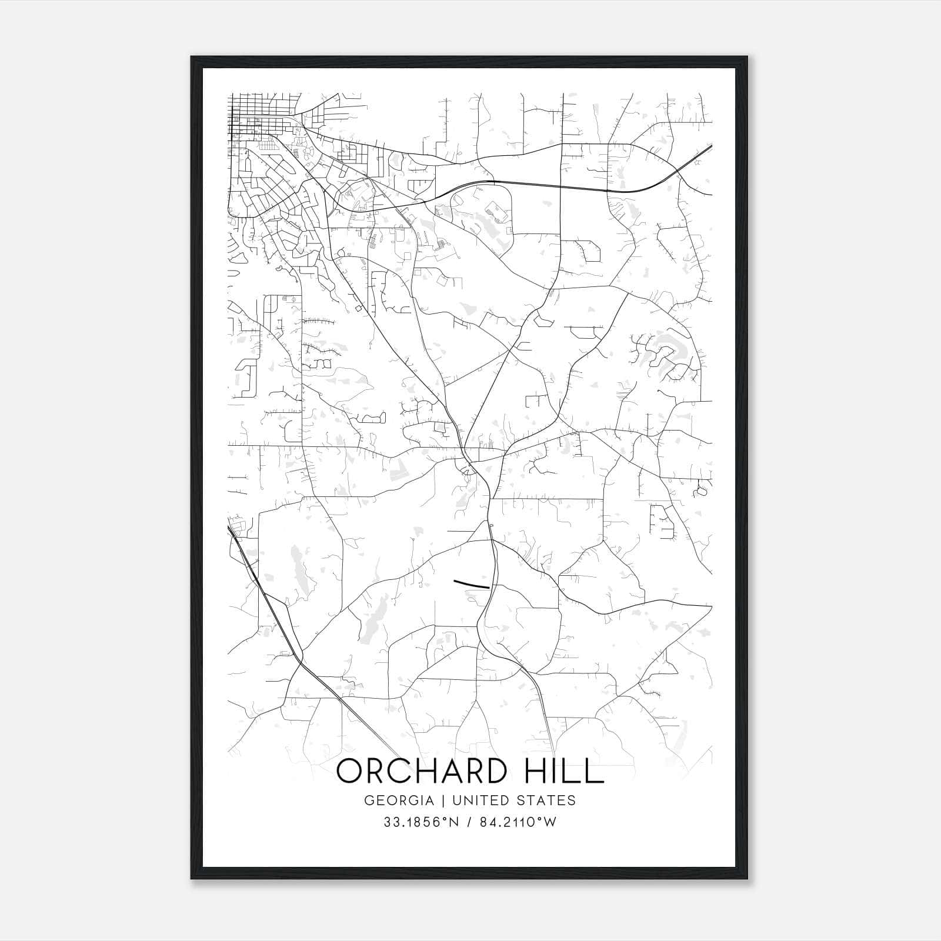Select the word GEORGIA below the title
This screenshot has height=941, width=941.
click(x=399, y=800)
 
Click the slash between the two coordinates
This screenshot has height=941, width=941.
click(x=469, y=822)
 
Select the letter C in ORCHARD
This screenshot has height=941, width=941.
click(x=398, y=771)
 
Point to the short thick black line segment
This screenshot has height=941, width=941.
click(x=472, y=584)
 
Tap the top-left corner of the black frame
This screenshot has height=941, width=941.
click(x=192, y=58)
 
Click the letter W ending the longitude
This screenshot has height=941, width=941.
click(x=550, y=822)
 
